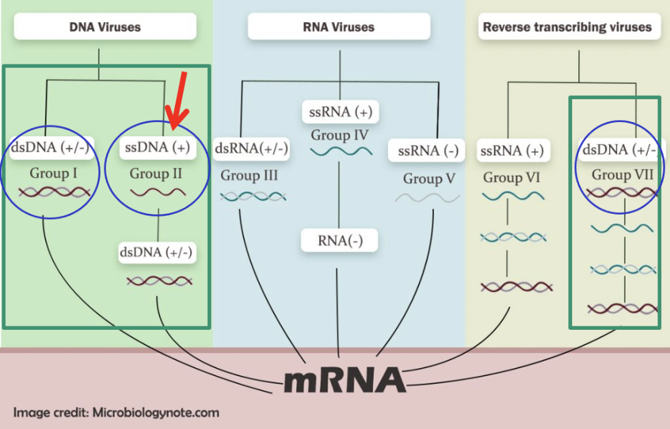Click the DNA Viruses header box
tap(105, 27)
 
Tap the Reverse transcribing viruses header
tap(567, 27)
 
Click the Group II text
tap(156, 174)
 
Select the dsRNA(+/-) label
tap(251, 149)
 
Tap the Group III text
tap(249, 176)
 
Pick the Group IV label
tap(340, 136)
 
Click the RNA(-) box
tap(340, 241)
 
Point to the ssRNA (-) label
tap(427, 151)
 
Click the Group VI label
tap(512, 178)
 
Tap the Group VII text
tap(620, 175)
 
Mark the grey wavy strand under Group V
tap(427, 198)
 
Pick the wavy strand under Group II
tap(158, 193)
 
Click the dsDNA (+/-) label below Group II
tap(155, 252)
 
